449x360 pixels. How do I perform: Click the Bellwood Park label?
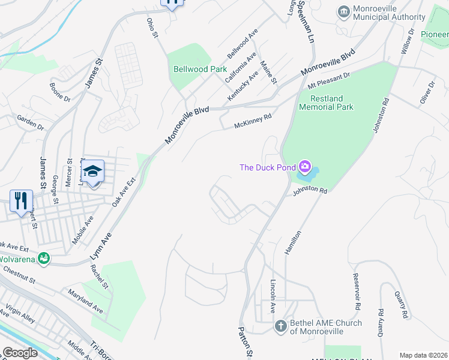pyautogui.click(x=200, y=69)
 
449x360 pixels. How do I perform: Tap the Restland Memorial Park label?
pyautogui.click(x=331, y=103)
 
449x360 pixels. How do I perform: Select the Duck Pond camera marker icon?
pyautogui.click(x=305, y=166)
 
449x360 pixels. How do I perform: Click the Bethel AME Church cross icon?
pyautogui.click(x=280, y=326)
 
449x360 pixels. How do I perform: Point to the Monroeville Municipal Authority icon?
pyautogui.click(x=344, y=11)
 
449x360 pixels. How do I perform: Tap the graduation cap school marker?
pyautogui.click(x=93, y=171)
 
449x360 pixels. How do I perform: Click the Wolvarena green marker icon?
pyautogui.click(x=43, y=259)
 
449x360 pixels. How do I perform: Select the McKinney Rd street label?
pyautogui.click(x=253, y=121)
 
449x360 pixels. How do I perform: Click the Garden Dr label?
pyautogui.click(x=30, y=123)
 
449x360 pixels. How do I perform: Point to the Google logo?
pyautogui.click(x=20, y=353)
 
